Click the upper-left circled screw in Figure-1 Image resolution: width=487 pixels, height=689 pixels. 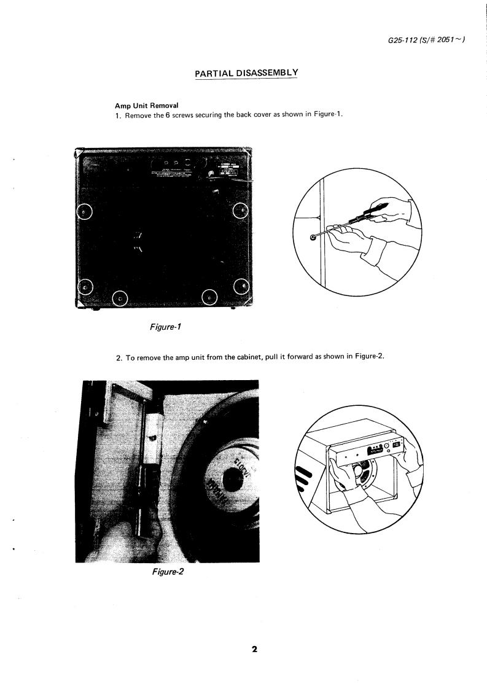84,212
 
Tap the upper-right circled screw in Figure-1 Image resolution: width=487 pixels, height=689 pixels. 241,212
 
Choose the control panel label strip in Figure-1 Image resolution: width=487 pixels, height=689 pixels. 178,169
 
